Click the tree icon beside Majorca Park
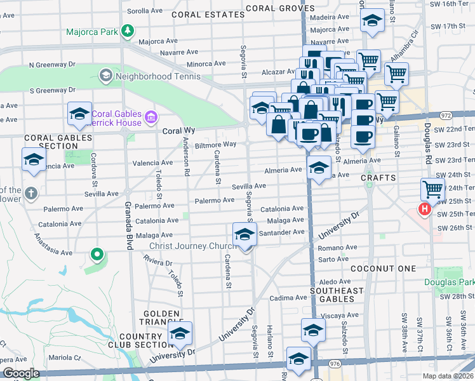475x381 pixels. click(x=128, y=30)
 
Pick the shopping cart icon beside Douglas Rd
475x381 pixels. click(x=432, y=189)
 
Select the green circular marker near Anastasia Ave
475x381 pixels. click(x=97, y=255)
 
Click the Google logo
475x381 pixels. click(x=21, y=373)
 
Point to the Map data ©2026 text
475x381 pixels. click(x=448, y=375)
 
